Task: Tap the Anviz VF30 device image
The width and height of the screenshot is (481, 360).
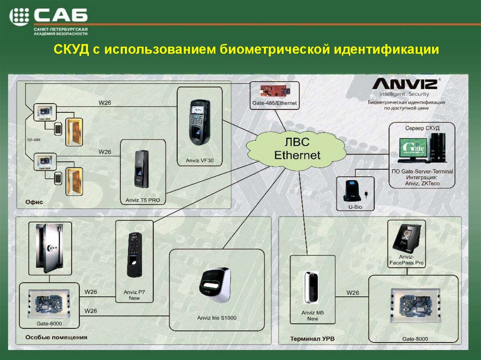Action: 200,123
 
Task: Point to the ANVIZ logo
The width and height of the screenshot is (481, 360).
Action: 404,84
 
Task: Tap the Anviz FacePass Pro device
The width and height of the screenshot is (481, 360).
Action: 407,237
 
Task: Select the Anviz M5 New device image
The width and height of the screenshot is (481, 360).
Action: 310,287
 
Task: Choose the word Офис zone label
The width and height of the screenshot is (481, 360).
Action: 31,202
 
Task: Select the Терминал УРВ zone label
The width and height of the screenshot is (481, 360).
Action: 311,338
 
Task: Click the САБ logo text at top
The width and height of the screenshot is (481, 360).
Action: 60,17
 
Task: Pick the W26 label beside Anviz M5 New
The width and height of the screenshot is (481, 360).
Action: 353,293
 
